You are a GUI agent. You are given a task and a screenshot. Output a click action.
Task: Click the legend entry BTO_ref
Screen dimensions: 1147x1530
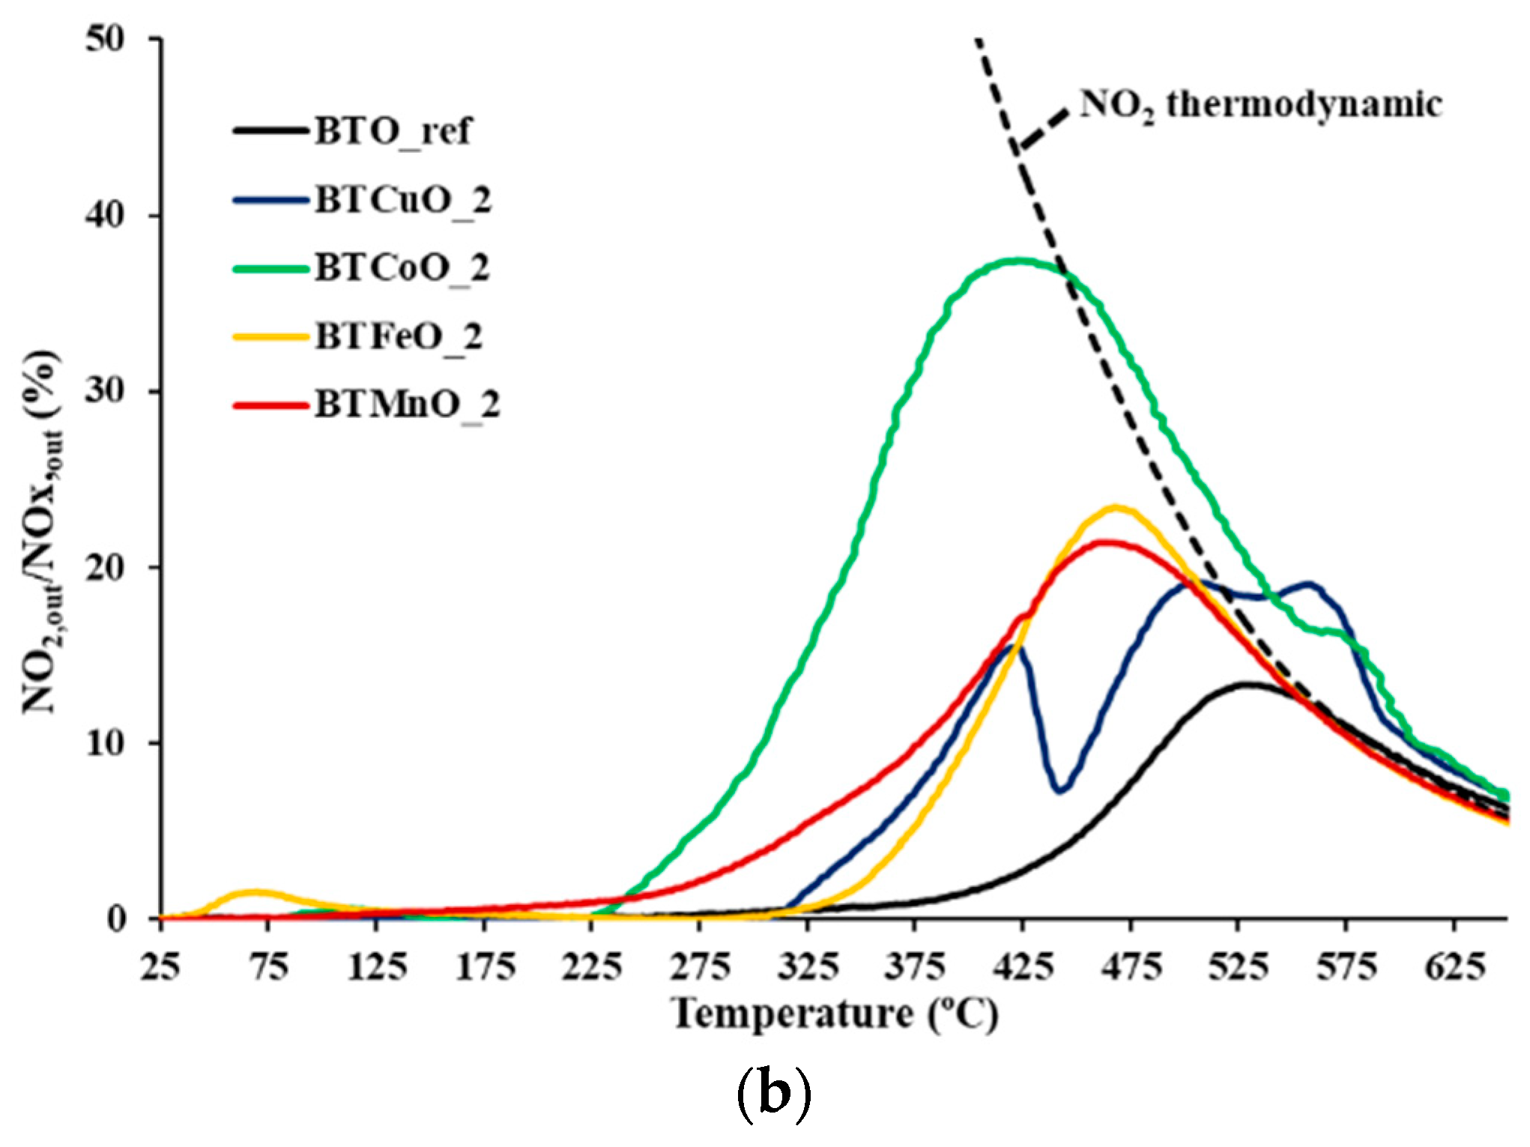393,131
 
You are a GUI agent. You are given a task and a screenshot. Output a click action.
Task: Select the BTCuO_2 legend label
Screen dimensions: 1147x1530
402,200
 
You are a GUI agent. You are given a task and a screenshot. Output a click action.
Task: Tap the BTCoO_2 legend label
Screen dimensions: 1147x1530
402,268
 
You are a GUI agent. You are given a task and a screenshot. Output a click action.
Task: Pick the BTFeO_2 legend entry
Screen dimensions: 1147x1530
398,337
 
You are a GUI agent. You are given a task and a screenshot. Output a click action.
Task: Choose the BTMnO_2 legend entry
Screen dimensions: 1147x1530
406,405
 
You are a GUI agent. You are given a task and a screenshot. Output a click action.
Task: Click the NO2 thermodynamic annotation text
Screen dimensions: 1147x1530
1260,105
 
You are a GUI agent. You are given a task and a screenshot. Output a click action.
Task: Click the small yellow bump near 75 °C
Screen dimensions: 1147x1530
255,892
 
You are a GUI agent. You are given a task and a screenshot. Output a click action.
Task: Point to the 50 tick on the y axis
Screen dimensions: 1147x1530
105,39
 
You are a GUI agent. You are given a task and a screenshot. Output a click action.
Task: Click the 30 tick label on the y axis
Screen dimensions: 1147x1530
105,391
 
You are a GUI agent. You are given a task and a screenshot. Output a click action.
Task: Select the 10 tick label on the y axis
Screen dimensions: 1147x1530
105,743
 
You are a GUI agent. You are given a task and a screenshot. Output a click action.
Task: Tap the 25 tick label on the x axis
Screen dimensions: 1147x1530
160,967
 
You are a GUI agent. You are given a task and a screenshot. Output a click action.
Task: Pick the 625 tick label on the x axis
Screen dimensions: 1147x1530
1454,967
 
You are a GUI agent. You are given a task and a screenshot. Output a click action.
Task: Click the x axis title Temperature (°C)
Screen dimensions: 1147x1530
835,1015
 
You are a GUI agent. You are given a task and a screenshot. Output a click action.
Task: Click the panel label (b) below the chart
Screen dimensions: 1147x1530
774,1094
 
